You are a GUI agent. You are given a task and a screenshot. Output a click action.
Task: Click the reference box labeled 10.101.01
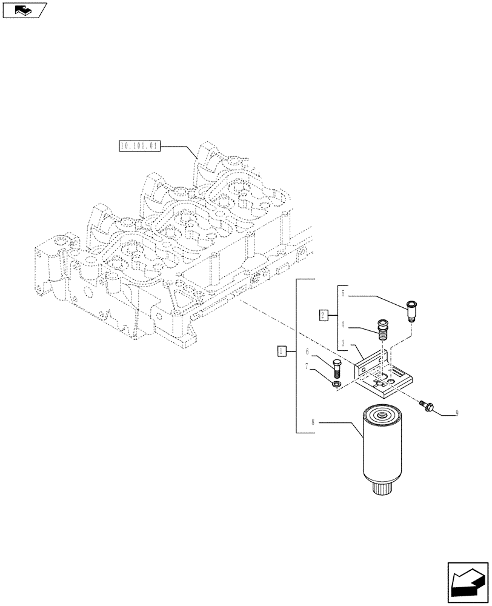click(x=139, y=146)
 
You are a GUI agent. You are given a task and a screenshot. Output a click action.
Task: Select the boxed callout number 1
click(x=281, y=350)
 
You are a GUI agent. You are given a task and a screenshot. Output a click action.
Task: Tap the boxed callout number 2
click(x=324, y=315)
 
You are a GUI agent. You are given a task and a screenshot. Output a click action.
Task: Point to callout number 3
click(x=343, y=343)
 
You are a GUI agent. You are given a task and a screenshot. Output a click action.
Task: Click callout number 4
click(x=343, y=324)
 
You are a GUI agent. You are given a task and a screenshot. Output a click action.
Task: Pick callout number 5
click(x=343, y=295)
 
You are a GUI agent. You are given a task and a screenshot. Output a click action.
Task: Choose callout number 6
click(x=308, y=351)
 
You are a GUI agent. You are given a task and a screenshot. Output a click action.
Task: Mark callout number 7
click(x=308, y=366)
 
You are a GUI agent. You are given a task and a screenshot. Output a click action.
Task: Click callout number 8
click(x=314, y=422)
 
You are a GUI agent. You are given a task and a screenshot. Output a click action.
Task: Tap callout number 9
click(x=456, y=414)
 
